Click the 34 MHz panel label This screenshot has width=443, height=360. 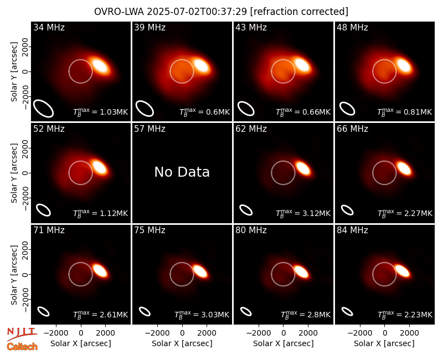49,27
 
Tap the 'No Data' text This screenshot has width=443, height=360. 182,172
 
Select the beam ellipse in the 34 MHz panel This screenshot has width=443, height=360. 44,108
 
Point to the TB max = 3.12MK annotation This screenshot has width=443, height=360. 303,213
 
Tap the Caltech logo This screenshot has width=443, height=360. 22,347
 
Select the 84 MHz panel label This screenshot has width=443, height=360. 352,230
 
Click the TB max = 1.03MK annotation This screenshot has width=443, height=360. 101,112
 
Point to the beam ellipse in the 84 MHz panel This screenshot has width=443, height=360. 347,311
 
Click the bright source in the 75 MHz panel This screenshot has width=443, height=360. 200,271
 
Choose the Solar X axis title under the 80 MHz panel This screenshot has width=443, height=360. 284,343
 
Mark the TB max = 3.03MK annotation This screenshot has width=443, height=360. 202,315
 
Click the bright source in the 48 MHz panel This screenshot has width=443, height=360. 403,65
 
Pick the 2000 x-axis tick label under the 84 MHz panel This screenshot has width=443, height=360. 409,333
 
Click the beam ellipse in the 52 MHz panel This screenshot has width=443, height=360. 44,210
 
